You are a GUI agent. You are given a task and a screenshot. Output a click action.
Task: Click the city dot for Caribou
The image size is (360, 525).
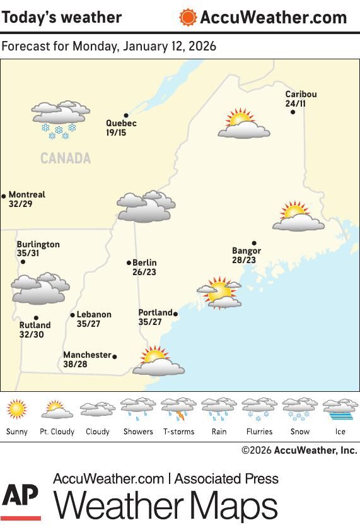point(293,112)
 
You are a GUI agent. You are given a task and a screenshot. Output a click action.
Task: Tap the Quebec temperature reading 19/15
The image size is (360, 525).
point(116,133)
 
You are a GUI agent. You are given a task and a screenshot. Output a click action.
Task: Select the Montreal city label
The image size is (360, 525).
point(27,195)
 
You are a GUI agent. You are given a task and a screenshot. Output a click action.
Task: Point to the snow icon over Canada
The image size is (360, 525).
point(60,119)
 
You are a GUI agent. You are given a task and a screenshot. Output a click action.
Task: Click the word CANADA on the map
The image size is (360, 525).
point(66,158)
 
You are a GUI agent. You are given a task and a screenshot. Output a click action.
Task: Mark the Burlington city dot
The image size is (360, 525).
point(23,262)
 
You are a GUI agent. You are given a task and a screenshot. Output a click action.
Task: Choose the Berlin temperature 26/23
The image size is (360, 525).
point(144,273)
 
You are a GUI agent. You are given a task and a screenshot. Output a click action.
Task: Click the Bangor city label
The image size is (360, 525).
point(246,251)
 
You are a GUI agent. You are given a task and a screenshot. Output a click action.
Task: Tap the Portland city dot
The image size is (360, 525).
point(175,314)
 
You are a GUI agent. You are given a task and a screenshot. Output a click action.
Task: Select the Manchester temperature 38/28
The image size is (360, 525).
point(75,365)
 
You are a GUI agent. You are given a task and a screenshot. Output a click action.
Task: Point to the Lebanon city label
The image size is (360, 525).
point(94,315)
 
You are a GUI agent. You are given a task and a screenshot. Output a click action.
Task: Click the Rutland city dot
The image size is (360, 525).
point(36,318)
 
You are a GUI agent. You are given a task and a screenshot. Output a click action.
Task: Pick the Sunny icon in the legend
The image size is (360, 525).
point(17,410)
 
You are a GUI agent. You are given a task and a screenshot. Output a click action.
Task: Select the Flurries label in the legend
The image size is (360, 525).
point(259,432)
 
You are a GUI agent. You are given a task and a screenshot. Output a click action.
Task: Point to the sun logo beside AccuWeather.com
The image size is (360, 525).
point(187,17)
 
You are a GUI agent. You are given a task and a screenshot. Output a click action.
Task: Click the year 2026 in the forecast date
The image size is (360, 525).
point(202,47)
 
